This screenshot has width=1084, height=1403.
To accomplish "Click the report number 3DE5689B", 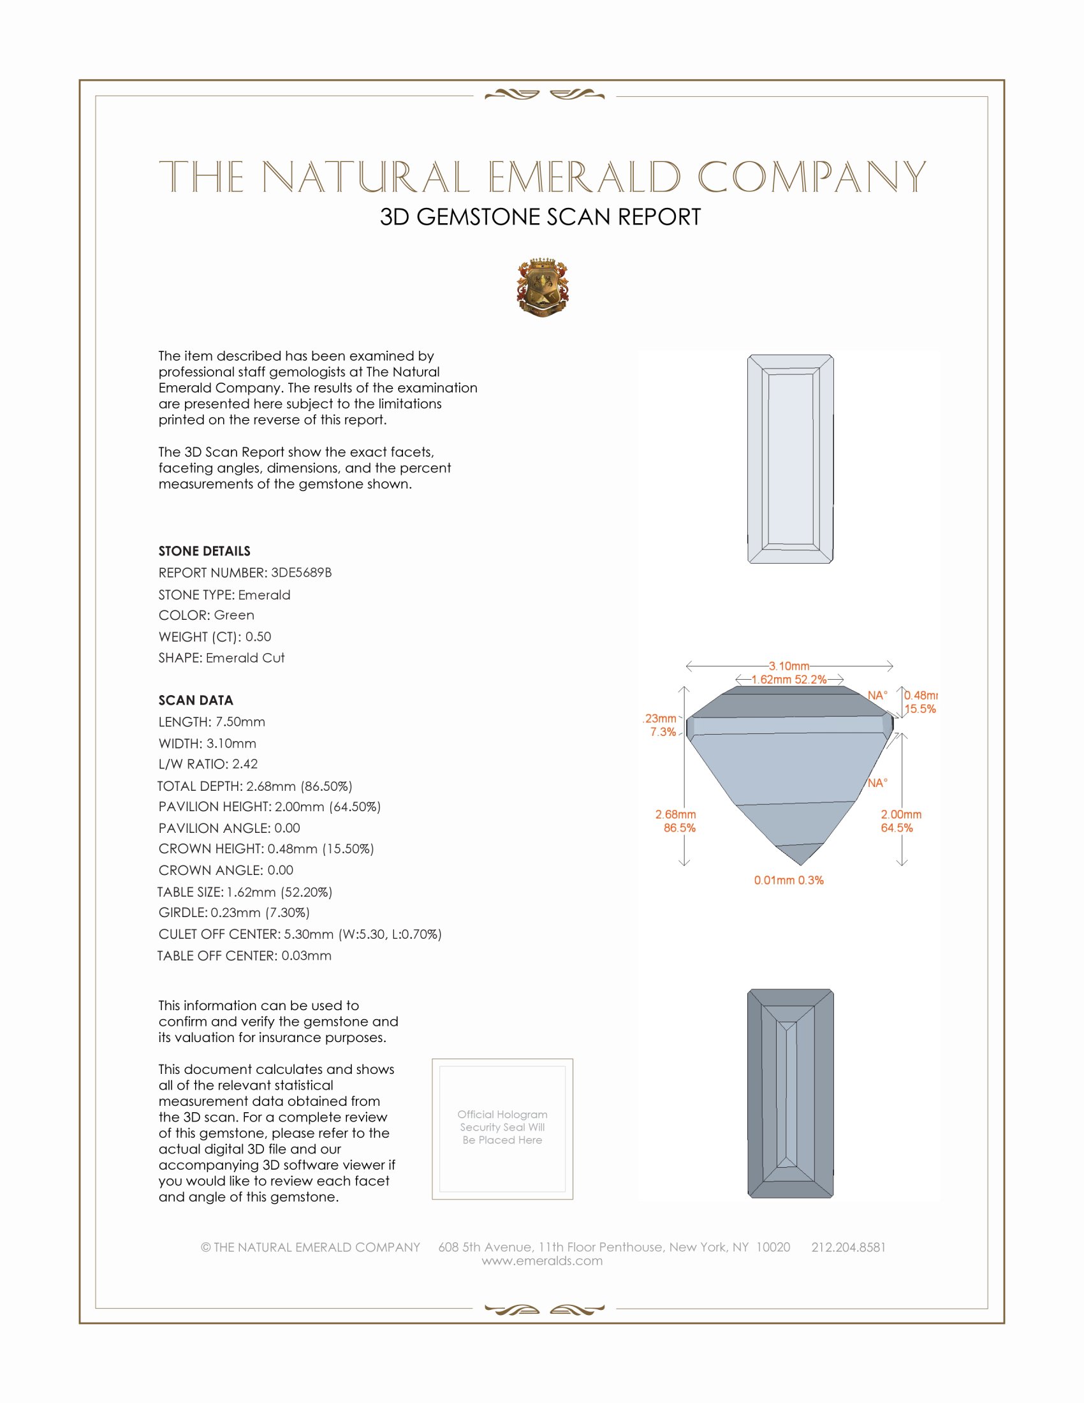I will coord(301,573).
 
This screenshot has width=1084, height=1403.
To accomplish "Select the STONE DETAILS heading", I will coord(204,550).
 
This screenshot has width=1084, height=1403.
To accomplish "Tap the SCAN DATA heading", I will coord(196,700).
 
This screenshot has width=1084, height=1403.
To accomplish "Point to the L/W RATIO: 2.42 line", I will coord(208,764).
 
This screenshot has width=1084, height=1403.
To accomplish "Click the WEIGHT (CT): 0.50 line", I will coord(214,636).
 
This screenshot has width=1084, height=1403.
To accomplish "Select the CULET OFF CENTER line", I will coord(300,934).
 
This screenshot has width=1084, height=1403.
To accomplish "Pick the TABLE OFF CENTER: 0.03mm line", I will coord(245,955).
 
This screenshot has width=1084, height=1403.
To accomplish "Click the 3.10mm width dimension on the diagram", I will coord(789,666).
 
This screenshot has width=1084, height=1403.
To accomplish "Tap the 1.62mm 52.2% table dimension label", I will coord(789,680).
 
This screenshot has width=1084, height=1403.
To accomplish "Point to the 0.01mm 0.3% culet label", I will coord(789,880).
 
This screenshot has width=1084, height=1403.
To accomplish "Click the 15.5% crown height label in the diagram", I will coord(920,709).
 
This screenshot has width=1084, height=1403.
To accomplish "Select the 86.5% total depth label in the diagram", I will coord(680,828).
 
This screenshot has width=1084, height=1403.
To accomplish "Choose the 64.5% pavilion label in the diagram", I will coord(897,828).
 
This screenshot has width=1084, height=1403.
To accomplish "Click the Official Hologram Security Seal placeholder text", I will coord(502,1127).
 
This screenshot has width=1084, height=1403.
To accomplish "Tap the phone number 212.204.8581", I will coord(848,1247).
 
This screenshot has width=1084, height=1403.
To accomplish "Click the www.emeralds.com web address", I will coord(542,1261).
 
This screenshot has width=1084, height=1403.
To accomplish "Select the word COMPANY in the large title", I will coord(812,177).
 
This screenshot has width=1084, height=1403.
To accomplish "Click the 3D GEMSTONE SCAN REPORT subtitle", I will coord(540,217).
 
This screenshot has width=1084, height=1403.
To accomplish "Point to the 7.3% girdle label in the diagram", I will coord(663,731).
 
